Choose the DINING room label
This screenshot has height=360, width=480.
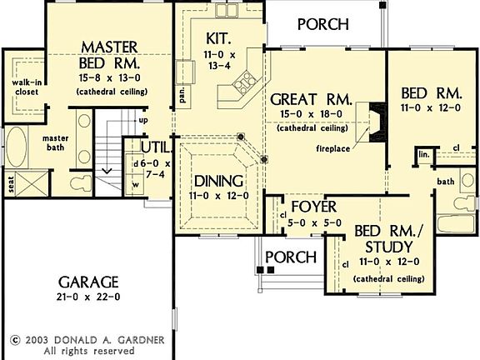pyautogui.click(x=217, y=181)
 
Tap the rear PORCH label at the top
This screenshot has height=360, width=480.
pyautogui.click(x=322, y=23)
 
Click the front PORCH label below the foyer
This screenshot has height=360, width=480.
pyautogui.click(x=289, y=257)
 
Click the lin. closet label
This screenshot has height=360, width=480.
pyautogui.click(x=423, y=155)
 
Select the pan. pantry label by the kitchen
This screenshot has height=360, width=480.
pyautogui.click(x=182, y=98)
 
